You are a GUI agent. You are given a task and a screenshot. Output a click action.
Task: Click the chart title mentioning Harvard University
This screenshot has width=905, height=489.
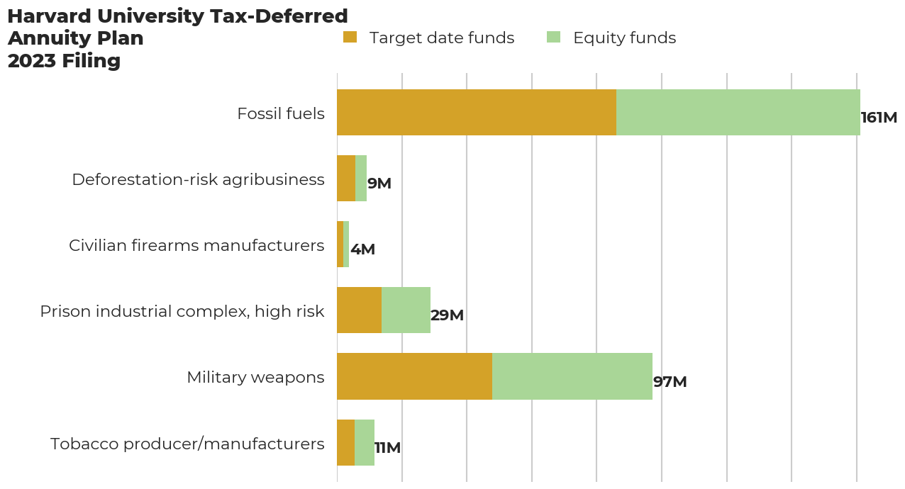pyautogui.click(x=177, y=38)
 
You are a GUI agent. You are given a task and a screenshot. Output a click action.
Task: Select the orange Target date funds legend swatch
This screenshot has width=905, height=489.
pyautogui.click(x=350, y=38)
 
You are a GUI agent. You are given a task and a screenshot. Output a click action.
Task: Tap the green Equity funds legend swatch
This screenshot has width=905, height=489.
pyautogui.click(x=554, y=38)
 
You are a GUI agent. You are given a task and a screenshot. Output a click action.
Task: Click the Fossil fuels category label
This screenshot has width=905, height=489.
pyautogui.click(x=281, y=113)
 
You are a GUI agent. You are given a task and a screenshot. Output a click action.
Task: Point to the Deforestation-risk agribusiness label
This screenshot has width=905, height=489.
pyautogui.click(x=198, y=179)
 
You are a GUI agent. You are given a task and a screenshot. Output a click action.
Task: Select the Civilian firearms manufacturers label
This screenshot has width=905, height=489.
pyautogui.click(x=196, y=245)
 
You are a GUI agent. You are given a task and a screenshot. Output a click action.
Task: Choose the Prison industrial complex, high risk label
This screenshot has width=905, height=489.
pyautogui.click(x=182, y=311)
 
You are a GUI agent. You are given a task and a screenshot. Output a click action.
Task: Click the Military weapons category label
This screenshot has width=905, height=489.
pyautogui.click(x=255, y=377)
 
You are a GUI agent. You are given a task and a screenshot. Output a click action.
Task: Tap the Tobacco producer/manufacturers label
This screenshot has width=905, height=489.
pyautogui.click(x=187, y=444)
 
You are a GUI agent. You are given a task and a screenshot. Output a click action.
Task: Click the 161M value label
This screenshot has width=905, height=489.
pyautogui.click(x=879, y=118)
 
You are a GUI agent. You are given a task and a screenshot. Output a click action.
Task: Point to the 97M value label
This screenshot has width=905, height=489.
pyautogui.click(x=670, y=382)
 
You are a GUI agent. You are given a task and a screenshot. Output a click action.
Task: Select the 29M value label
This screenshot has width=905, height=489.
pyautogui.click(x=447, y=315)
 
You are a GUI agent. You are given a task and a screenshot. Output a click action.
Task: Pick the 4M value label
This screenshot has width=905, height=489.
pyautogui.click(x=362, y=249)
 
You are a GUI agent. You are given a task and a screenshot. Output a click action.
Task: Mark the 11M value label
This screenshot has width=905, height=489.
pyautogui.click(x=387, y=448)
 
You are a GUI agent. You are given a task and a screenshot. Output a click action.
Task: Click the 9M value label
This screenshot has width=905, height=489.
pyautogui.click(x=379, y=184)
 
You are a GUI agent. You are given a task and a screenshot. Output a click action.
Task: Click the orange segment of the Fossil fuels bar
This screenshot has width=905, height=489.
pyautogui.click(x=477, y=113)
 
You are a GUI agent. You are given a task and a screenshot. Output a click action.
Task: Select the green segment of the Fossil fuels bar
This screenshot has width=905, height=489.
pyautogui.click(x=738, y=113)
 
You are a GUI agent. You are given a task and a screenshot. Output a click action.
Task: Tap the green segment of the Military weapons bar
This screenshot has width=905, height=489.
pyautogui.click(x=572, y=376)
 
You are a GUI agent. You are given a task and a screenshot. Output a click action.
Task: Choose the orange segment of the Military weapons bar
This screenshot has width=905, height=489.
pyautogui.click(x=414, y=376)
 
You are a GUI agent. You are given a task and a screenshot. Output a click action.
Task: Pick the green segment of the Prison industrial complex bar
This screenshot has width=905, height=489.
pyautogui.click(x=406, y=310)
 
